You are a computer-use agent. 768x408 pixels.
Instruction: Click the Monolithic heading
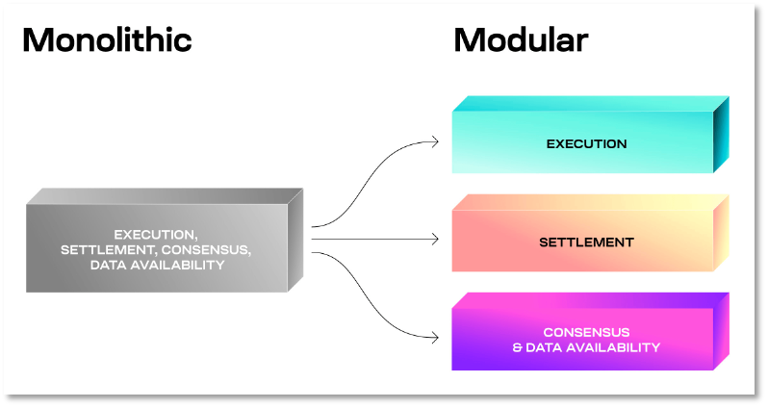pos(107,39)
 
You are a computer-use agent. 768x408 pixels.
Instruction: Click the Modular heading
pos(521,39)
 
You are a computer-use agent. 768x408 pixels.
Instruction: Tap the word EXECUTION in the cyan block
pos(586,144)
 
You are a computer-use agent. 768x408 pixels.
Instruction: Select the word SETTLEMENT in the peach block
pos(586,242)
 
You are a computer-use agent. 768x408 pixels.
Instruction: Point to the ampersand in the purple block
pos(517,347)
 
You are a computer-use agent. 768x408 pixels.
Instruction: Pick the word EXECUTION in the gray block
pos(156,234)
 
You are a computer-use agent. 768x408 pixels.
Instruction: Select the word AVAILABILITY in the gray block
pos(176,265)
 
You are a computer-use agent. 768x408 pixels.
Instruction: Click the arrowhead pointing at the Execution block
pos(435,141)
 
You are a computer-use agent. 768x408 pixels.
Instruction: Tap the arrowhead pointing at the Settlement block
pos(435,240)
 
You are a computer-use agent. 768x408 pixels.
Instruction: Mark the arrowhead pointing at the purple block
pos(435,337)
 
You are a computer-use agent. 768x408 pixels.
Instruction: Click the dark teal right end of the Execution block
pos(721,135)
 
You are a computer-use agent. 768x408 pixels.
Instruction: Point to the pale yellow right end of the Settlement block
pos(721,233)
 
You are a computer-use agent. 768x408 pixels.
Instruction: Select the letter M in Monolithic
pos(37,39)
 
